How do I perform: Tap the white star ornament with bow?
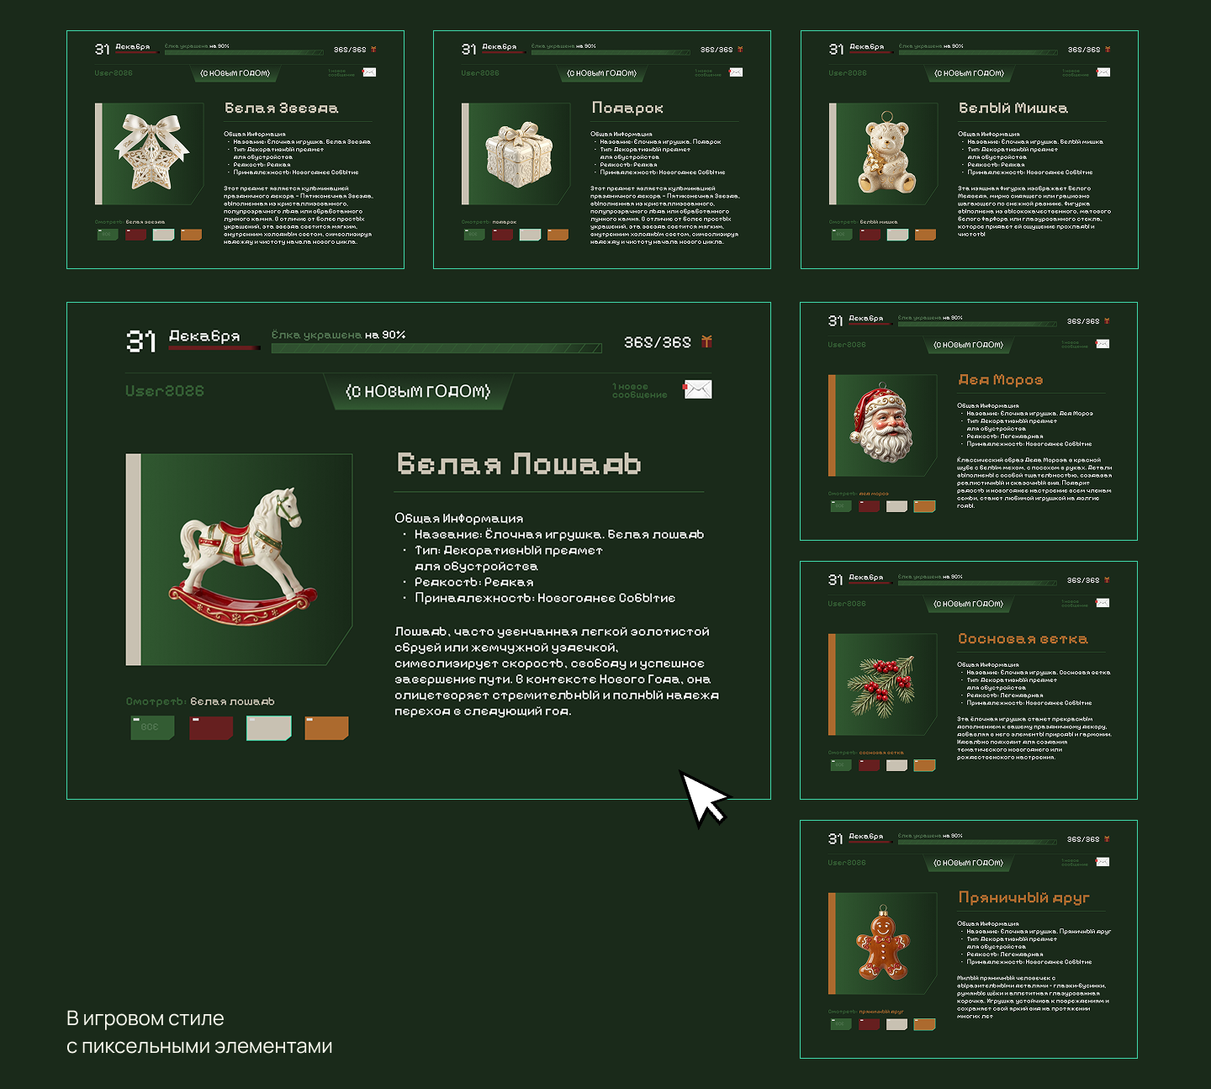pyautogui.click(x=151, y=151)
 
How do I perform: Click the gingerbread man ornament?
pyautogui.click(x=882, y=946)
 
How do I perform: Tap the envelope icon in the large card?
pyautogui.click(x=697, y=389)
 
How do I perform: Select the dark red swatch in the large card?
pyautogui.click(x=211, y=727)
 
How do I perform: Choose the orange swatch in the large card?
pyautogui.click(x=326, y=727)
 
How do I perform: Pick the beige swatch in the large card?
pyautogui.click(x=268, y=727)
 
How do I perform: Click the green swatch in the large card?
pyautogui.click(x=152, y=727)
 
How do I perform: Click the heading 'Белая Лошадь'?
pyautogui.click(x=519, y=463)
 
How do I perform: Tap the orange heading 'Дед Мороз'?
pyautogui.click(x=1001, y=380)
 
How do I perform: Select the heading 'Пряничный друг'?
pyautogui.click(x=1023, y=898)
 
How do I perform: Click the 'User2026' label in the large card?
pyautogui.click(x=165, y=391)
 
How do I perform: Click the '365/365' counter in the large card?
pyautogui.click(x=657, y=342)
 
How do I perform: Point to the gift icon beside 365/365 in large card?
pyautogui.click(x=706, y=341)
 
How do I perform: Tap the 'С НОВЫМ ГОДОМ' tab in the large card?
pyautogui.click(x=418, y=392)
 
